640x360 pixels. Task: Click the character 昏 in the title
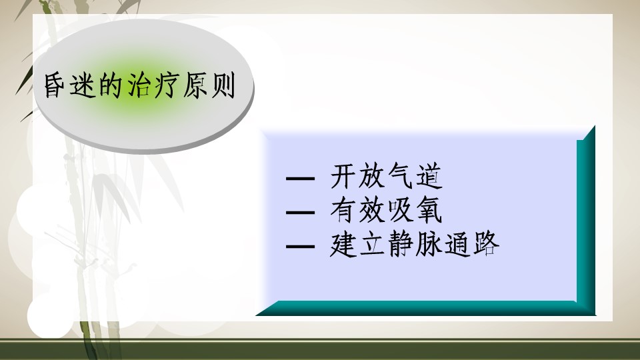(x=55, y=86)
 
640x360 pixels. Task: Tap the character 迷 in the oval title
(x=83, y=86)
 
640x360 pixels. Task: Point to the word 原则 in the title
(x=209, y=86)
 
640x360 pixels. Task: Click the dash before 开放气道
(x=301, y=179)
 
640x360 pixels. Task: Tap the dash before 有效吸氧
(x=301, y=212)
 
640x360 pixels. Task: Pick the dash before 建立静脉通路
(x=301, y=247)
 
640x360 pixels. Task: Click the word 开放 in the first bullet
(x=357, y=176)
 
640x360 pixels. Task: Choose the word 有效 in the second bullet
(x=357, y=211)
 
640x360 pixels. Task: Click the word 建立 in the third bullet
(x=357, y=245)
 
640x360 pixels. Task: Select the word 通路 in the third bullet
(x=472, y=245)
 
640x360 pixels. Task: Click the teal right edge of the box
(x=586, y=221)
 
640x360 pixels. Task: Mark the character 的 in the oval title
(x=111, y=86)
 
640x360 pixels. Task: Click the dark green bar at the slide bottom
(x=320, y=349)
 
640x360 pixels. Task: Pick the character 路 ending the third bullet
(x=487, y=245)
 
